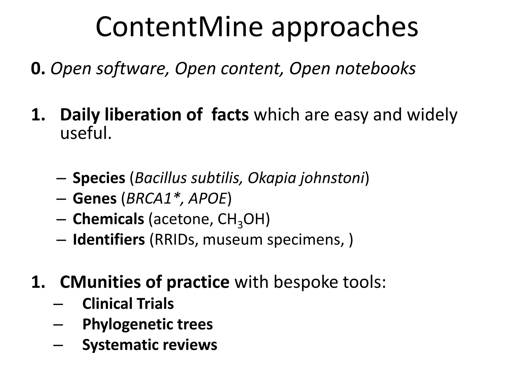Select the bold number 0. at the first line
pyautogui.click(x=38, y=69)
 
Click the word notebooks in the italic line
pyautogui.click(x=375, y=69)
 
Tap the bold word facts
pyautogui.click(x=230, y=115)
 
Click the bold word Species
pyautogui.click(x=99, y=178)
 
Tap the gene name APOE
pyautogui.click(x=208, y=199)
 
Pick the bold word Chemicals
pyautogui.click(x=108, y=219)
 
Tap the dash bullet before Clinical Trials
pyautogui.click(x=58, y=304)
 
